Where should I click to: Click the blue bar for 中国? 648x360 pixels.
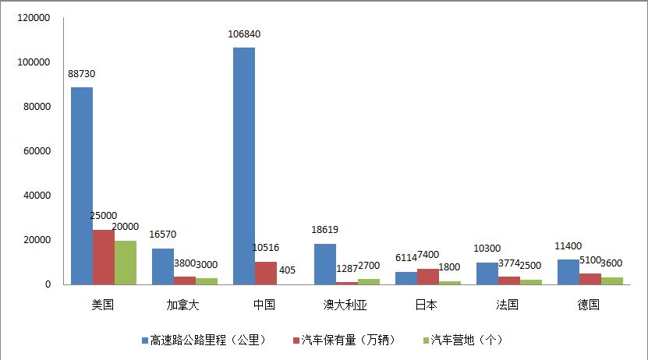[x=244, y=166]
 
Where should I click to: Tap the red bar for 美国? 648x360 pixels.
[x=104, y=257]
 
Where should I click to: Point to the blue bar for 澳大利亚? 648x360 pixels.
[x=325, y=264]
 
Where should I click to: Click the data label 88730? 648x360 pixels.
[x=82, y=74]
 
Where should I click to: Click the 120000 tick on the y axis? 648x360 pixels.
[x=34, y=17]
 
